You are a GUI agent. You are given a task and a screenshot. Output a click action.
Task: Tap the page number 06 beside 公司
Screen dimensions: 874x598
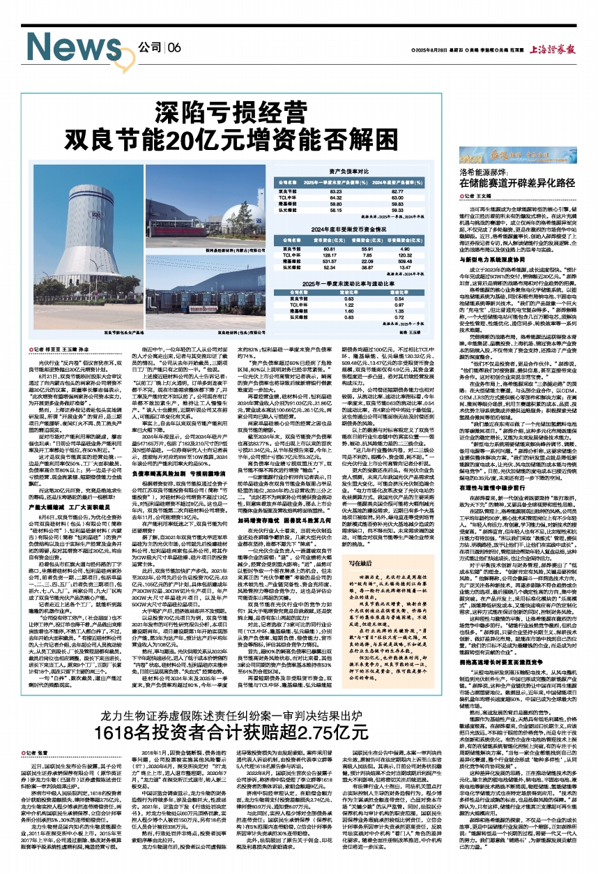(x=174, y=47)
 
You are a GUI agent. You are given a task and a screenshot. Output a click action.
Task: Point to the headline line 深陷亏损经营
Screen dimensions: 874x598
(x=222, y=112)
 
